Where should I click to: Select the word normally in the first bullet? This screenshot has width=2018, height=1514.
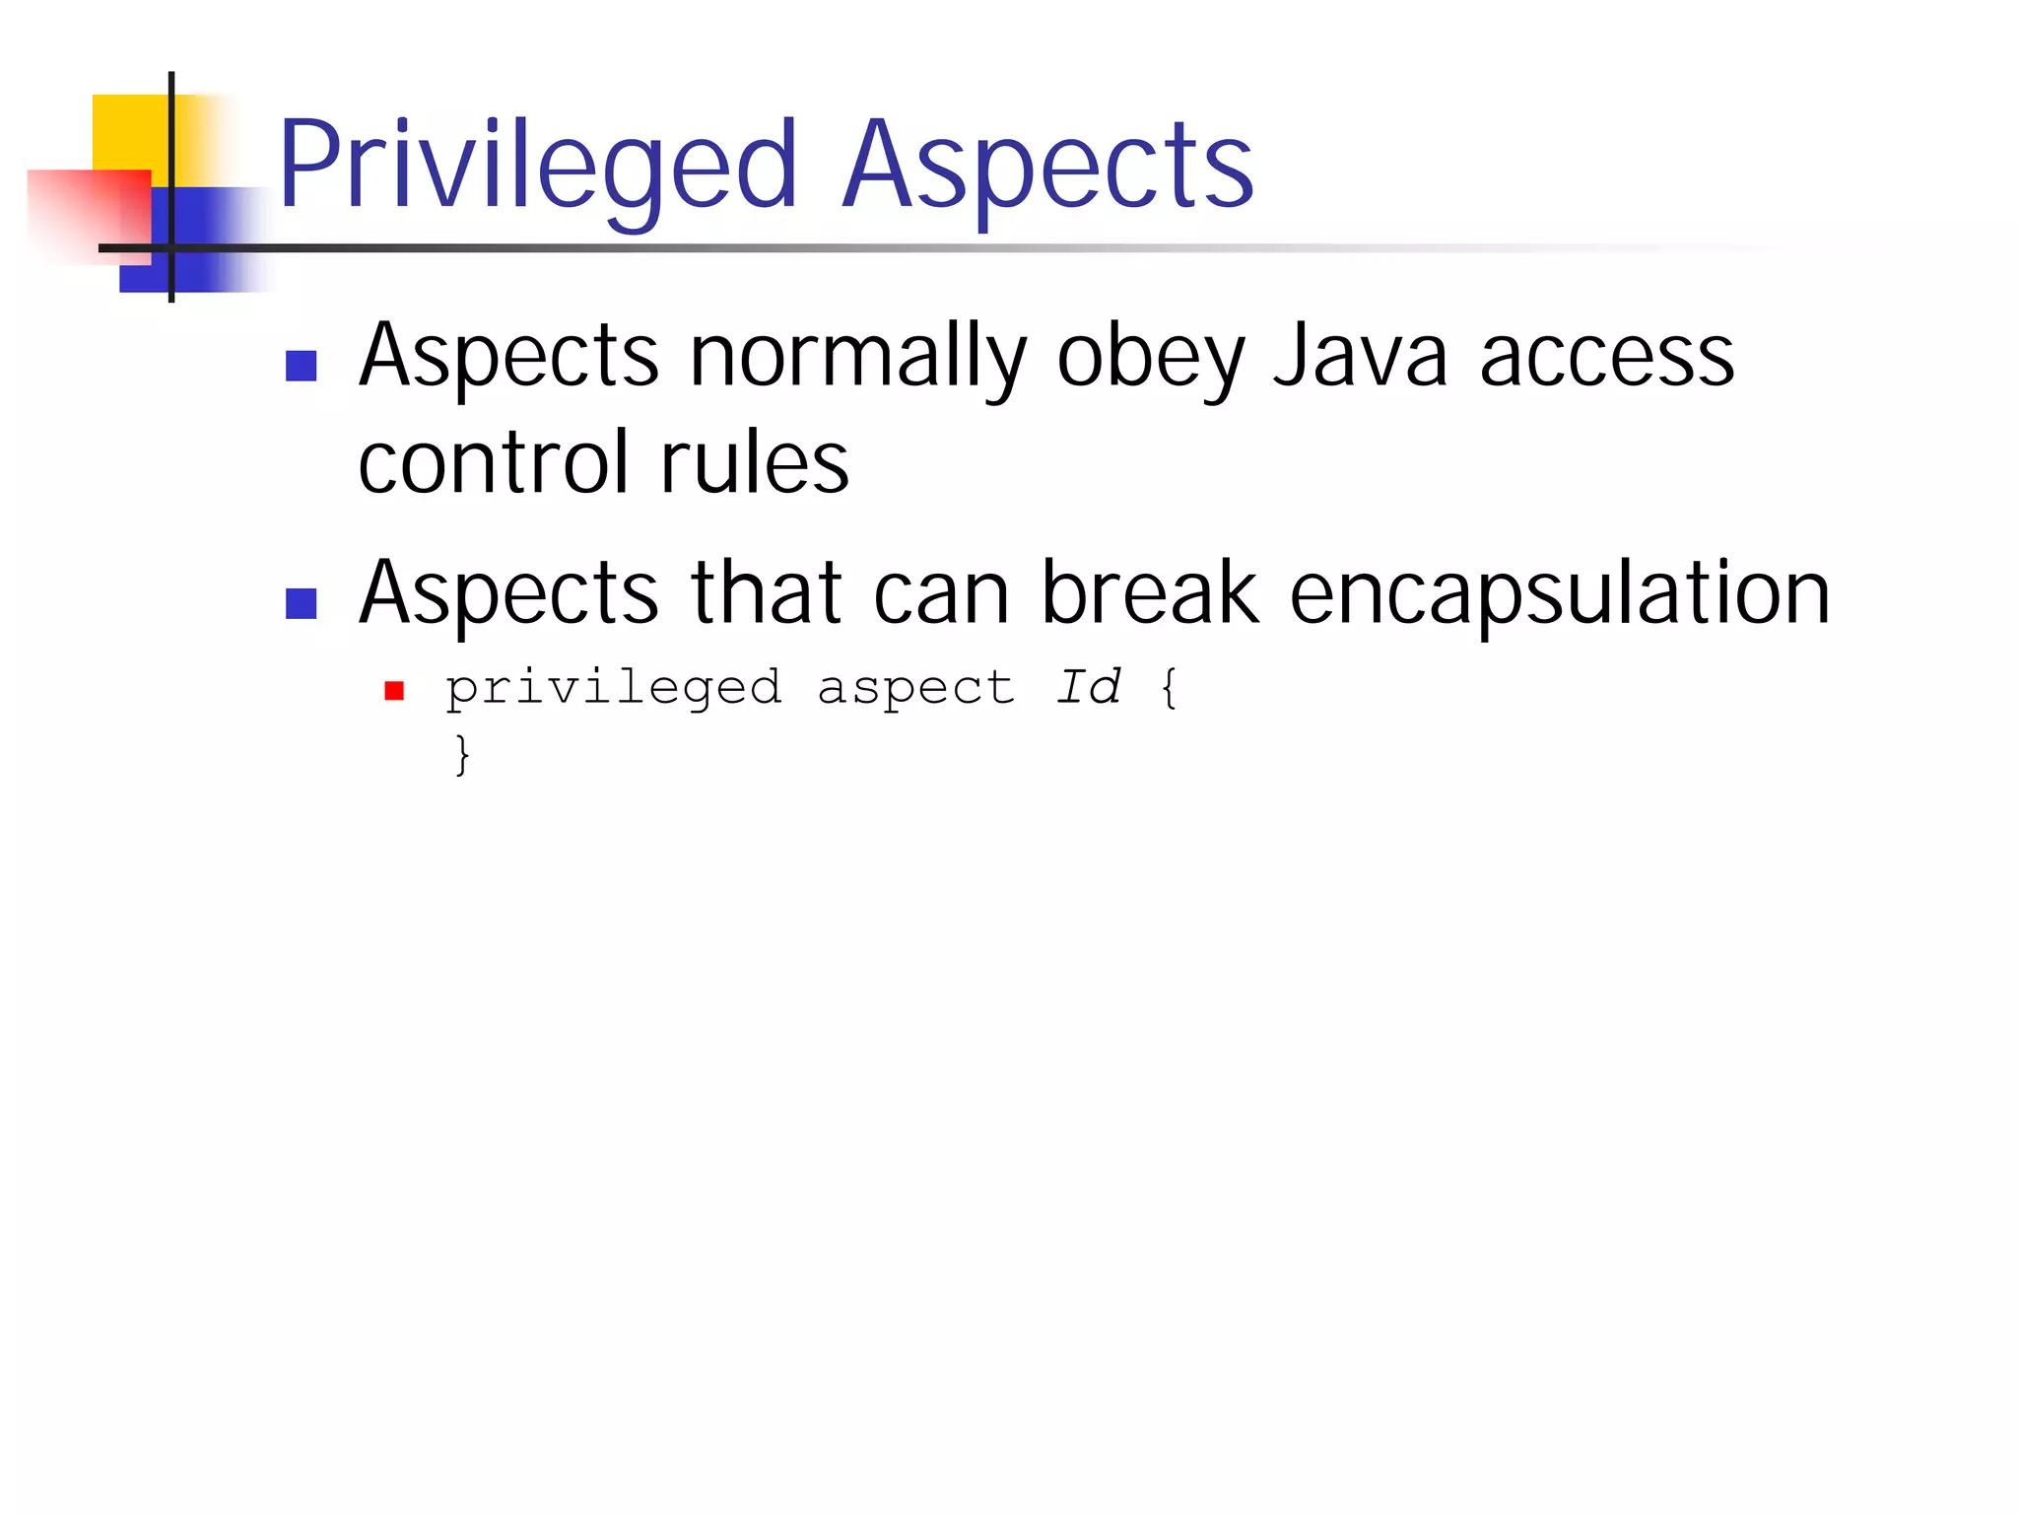point(857,357)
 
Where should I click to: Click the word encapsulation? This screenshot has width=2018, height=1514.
point(1560,593)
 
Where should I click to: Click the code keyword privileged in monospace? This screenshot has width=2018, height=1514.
point(614,688)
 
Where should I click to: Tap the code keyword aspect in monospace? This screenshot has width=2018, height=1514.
point(915,688)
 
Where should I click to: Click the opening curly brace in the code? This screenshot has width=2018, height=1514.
point(1169,687)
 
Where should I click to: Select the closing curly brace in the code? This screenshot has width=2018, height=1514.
point(462,754)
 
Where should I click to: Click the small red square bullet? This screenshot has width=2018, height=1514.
point(394,691)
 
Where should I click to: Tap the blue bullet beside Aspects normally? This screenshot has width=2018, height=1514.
point(301,366)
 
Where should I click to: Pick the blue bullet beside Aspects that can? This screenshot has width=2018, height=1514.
point(301,603)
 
